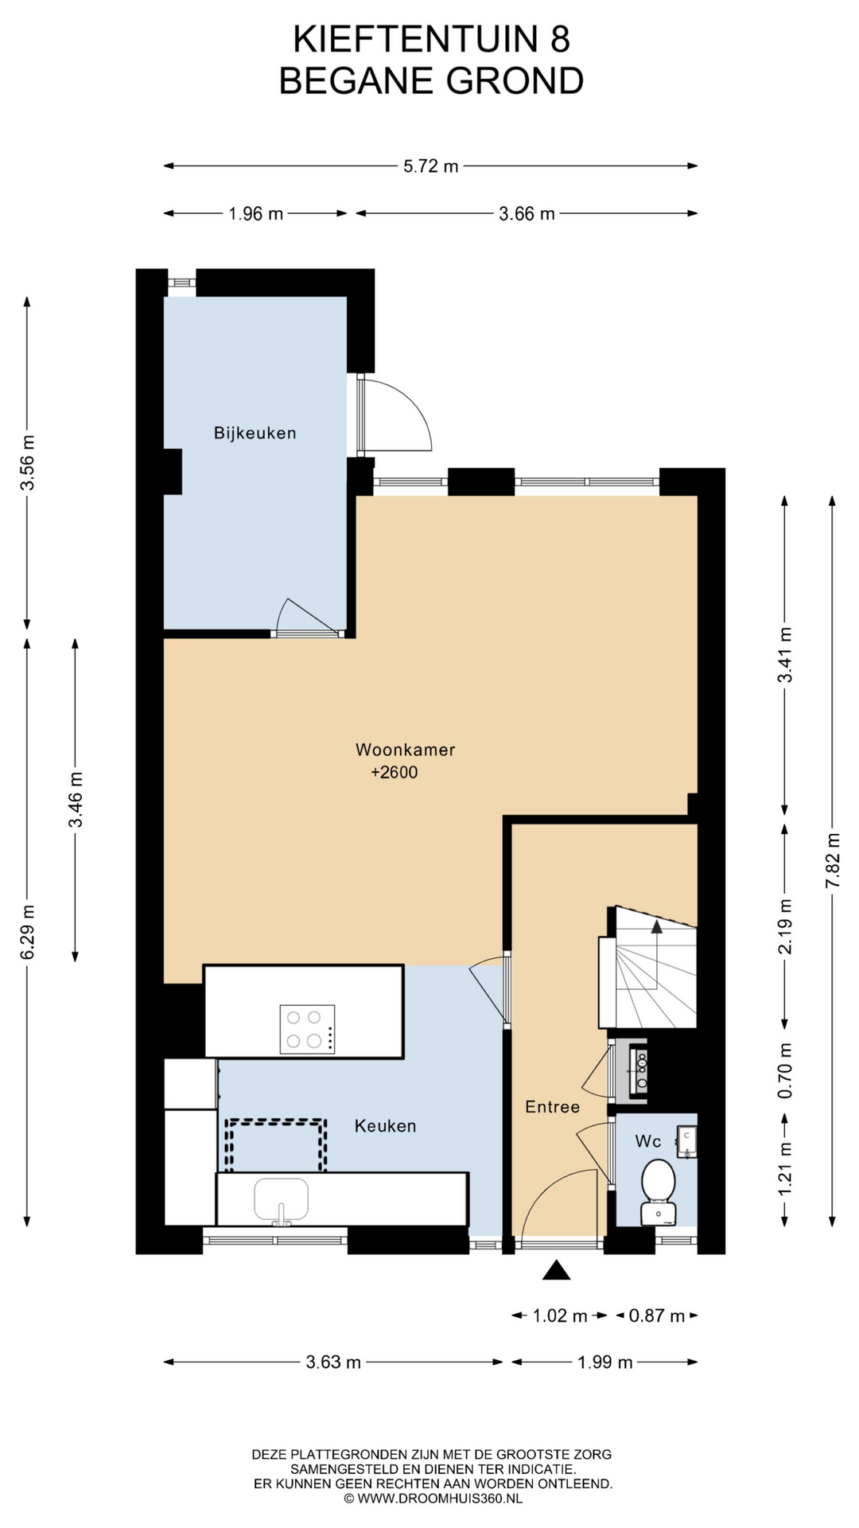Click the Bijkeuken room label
click(255, 433)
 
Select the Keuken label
click(385, 1126)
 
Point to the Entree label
click(552, 1107)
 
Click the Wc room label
click(648, 1141)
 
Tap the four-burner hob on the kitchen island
click(307, 1029)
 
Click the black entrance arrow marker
click(557, 1270)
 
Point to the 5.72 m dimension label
click(431, 166)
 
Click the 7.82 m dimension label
click(833, 861)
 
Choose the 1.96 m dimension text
click(255, 213)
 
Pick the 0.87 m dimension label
click(657, 1316)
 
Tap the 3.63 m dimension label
click(333, 1362)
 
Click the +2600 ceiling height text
click(394, 772)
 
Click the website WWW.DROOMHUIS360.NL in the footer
click(439, 1498)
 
